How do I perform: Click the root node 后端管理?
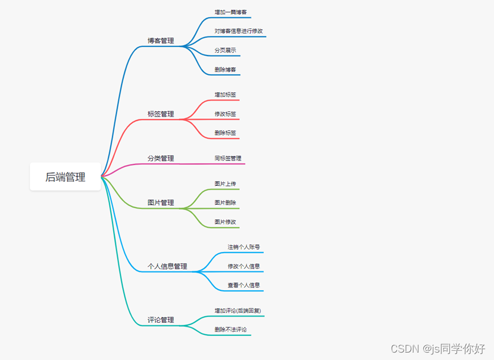(x=66, y=177)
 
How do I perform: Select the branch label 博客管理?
(x=160, y=41)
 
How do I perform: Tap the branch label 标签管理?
(x=160, y=114)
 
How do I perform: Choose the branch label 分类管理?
(x=160, y=158)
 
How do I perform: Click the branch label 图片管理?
(x=160, y=203)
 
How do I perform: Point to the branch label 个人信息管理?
(x=167, y=266)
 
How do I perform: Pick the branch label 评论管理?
(x=160, y=320)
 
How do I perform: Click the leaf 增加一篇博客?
(x=231, y=12)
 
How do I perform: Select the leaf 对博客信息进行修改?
(x=239, y=31)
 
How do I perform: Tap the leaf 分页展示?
(x=225, y=50)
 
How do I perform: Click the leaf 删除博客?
(x=225, y=70)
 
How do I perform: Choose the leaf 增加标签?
(x=225, y=94)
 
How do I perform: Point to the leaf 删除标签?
(x=225, y=133)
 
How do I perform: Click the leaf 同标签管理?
(x=228, y=158)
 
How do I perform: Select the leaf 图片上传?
(x=225, y=183)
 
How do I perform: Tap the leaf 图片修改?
(x=225, y=222)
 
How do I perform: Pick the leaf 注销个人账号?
(x=244, y=247)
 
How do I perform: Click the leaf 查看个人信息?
(x=244, y=285)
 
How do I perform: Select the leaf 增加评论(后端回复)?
(x=238, y=310)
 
